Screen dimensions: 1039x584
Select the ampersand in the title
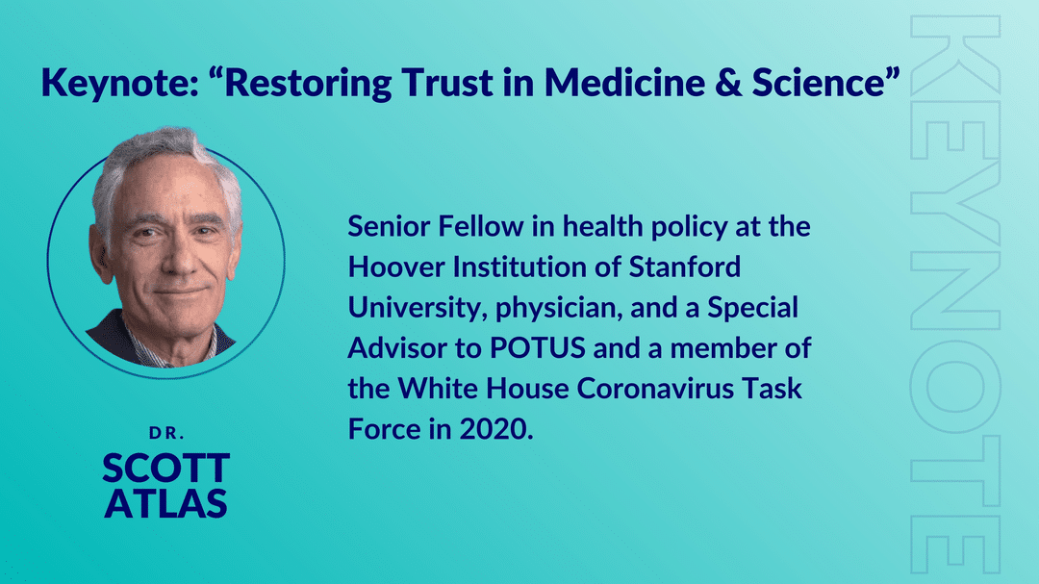tap(728, 82)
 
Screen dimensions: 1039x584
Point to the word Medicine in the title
tap(625, 82)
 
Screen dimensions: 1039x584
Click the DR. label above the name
tap(166, 433)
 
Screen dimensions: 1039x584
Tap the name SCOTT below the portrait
tap(166, 468)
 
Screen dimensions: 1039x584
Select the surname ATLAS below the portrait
tap(166, 503)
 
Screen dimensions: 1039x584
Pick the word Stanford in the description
tap(685, 267)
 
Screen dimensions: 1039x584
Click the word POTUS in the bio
tap(538, 348)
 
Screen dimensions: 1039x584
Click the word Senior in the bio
tap(389, 227)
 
